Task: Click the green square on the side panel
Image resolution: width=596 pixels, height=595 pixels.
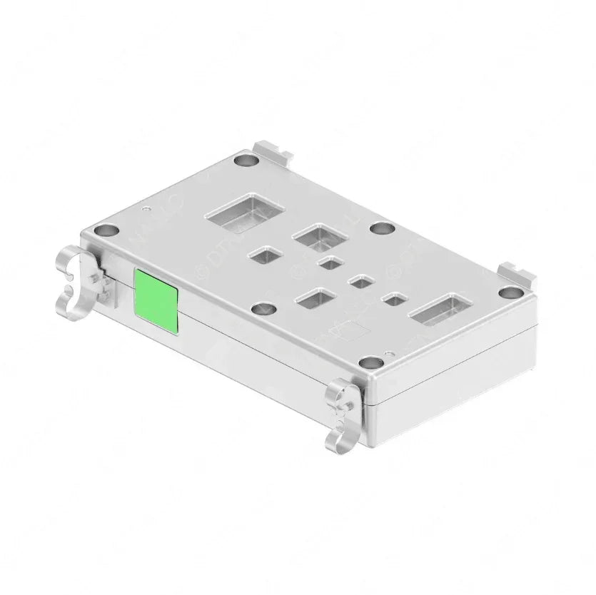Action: point(156,292)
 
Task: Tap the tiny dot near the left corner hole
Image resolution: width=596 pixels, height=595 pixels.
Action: point(146,210)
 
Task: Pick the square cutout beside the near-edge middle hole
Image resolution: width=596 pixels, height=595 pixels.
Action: point(315,298)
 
